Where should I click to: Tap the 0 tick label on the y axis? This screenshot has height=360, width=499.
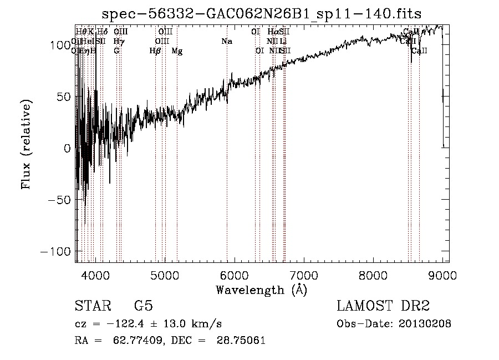pos(68,148)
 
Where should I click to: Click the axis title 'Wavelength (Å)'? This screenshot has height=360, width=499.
pos(261,290)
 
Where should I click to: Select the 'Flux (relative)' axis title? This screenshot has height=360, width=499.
pos(27,144)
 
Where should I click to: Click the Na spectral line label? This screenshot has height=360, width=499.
pos(226,42)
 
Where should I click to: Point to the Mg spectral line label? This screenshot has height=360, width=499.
pos(177,51)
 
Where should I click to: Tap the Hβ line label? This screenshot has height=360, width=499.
pos(155,51)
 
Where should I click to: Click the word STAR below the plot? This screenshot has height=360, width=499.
pos(92,306)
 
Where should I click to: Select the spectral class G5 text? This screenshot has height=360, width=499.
pos(144,306)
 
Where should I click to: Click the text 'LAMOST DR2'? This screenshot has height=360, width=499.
pos(383,306)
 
